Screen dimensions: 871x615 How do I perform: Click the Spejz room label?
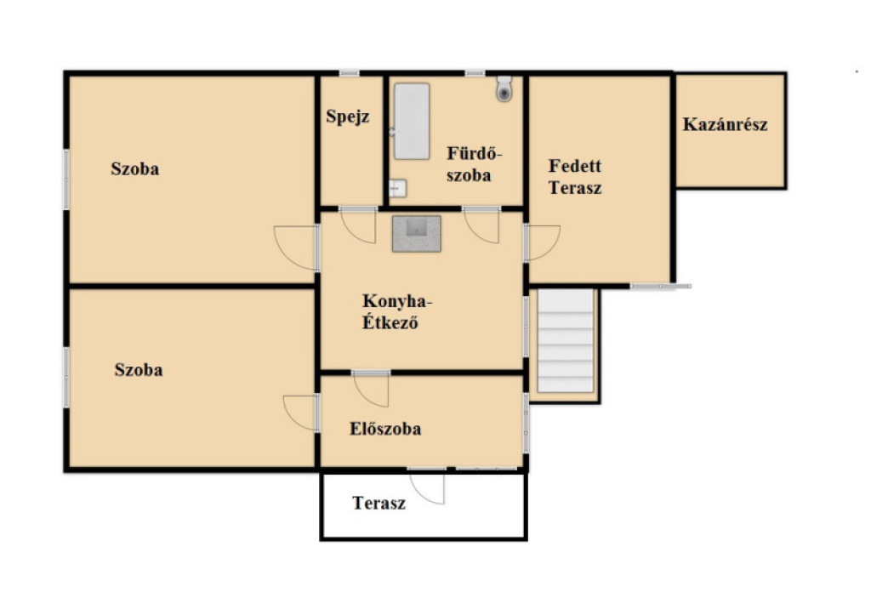pos(348,117)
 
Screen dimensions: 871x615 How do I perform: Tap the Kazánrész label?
pos(725,124)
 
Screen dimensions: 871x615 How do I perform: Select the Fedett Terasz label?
pos(575,177)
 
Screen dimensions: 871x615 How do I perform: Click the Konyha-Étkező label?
pos(396,311)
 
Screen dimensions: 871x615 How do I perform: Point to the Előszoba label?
pos(385,429)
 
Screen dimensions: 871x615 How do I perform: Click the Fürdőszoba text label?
pos(474,164)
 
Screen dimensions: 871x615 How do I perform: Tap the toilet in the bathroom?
pos(504,88)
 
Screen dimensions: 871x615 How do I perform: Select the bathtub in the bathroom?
pos(412,121)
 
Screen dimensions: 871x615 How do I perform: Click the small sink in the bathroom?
pos(397,188)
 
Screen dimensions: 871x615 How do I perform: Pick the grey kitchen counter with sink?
pos(417,234)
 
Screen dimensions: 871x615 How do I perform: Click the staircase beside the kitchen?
pos(566,340)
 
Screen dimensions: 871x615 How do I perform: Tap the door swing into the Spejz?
pos(358,227)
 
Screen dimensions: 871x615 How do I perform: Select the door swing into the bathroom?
pos(482,226)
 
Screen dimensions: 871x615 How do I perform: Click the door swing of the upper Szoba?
pos(296,248)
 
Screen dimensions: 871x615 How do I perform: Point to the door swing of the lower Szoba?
pos(300,413)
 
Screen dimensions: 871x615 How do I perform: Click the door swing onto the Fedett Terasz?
pos(543,242)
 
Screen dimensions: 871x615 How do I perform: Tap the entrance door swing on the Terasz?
pos(427,487)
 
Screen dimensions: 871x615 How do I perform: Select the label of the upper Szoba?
pos(135,169)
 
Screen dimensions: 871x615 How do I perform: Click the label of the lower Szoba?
pos(139,370)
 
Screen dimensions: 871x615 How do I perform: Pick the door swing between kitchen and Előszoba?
pos(371,390)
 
